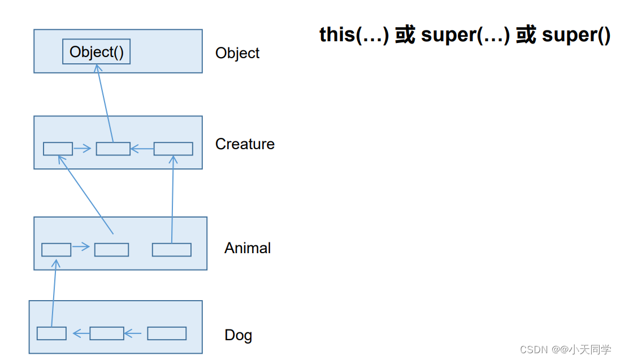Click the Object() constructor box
point(96,52)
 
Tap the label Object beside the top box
point(237,53)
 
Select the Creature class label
point(245,144)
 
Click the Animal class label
point(248,248)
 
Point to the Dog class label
point(238,335)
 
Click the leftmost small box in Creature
point(58,149)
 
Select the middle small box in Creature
point(113,149)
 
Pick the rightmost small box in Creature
point(173,149)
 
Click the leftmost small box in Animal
point(56,249)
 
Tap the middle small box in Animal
point(111,249)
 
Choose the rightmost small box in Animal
point(171,249)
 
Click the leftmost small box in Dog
point(51,333)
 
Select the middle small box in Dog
point(106,333)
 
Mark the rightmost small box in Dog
point(167,333)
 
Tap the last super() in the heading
point(575,35)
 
